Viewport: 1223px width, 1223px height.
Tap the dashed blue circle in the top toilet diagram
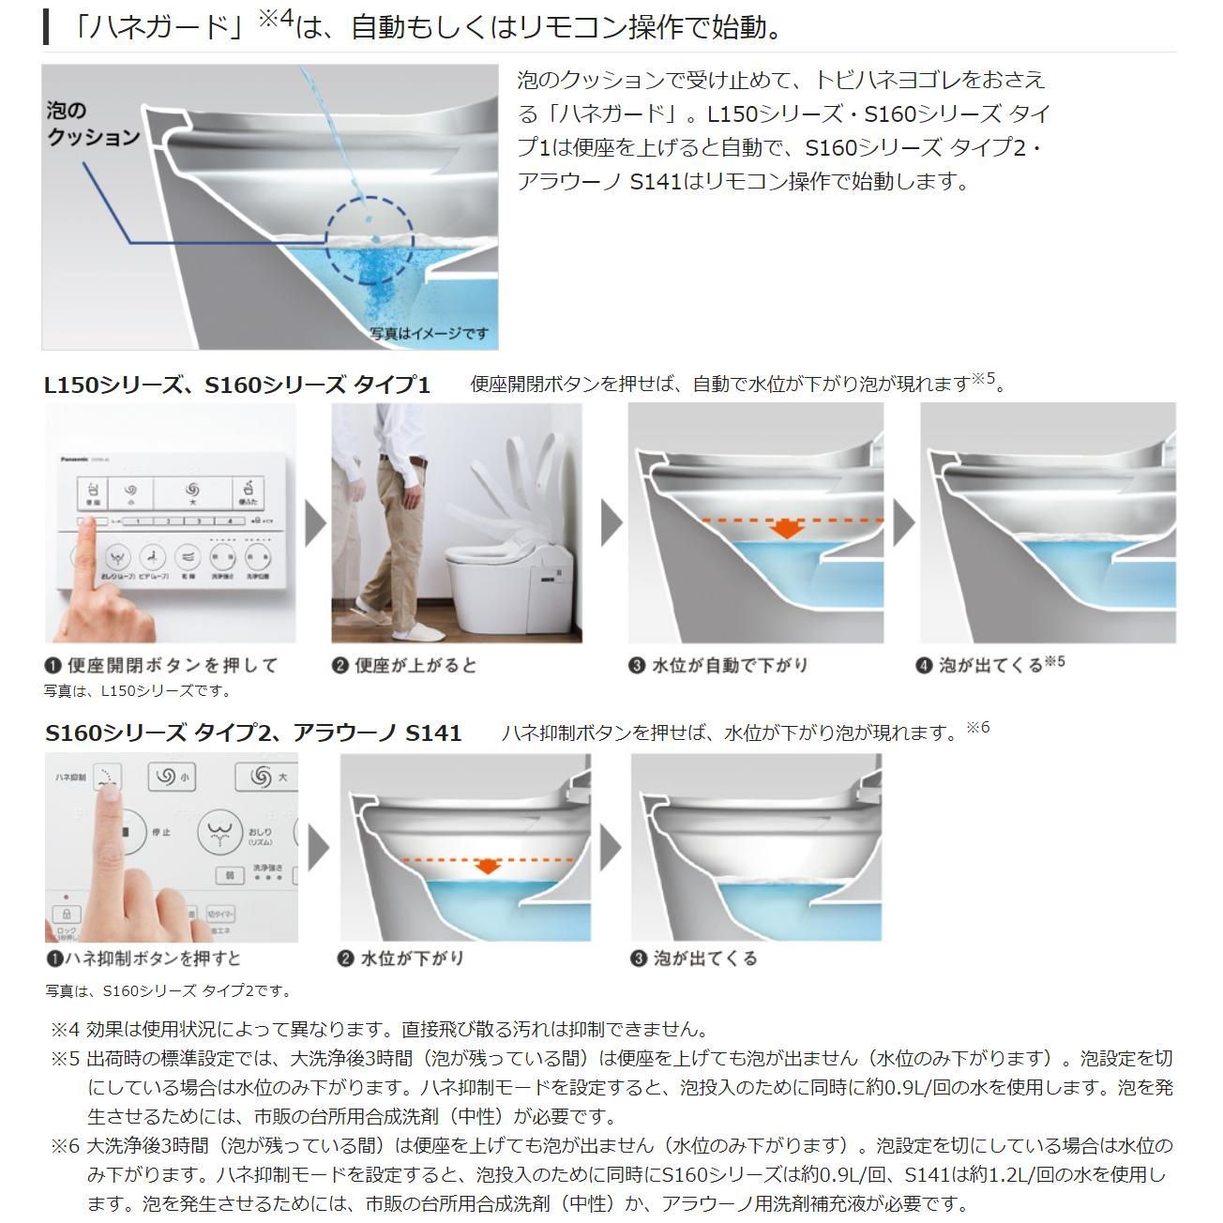click(x=370, y=240)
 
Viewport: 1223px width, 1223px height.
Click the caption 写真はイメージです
click(x=429, y=333)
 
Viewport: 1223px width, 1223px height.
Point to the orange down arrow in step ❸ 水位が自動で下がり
click(x=787, y=529)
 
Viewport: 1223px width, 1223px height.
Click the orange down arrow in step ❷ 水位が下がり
click(x=486, y=866)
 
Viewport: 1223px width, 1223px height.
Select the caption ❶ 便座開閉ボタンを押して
click(x=162, y=665)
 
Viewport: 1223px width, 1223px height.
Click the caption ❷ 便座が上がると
click(x=405, y=665)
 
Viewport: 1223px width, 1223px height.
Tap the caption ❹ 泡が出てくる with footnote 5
click(x=990, y=665)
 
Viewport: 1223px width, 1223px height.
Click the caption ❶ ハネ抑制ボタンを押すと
click(x=143, y=958)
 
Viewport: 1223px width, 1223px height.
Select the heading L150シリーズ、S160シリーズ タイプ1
click(x=237, y=385)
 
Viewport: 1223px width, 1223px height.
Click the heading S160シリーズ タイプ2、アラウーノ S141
click(x=253, y=732)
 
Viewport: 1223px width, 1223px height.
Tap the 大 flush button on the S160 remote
click(x=268, y=778)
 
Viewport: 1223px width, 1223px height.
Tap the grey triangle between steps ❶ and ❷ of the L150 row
click(x=315, y=523)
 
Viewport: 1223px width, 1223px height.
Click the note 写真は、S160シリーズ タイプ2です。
click(x=168, y=990)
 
